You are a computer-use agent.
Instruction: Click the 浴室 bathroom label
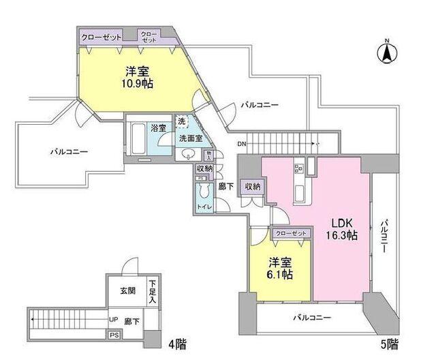click(159, 127)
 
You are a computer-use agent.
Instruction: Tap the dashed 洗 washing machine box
click(181, 121)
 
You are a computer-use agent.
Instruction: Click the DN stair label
click(243, 144)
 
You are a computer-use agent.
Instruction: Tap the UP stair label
click(112, 318)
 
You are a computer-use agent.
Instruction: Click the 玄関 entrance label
click(127, 290)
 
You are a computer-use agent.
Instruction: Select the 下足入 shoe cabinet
click(153, 291)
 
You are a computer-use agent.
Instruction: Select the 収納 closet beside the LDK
click(252, 186)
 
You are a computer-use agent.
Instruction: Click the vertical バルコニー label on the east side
click(384, 236)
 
